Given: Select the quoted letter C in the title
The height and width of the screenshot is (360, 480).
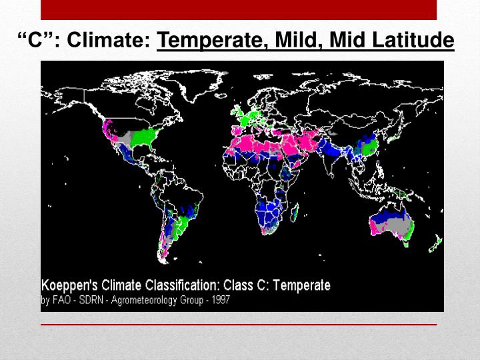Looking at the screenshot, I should [x=32, y=42].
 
